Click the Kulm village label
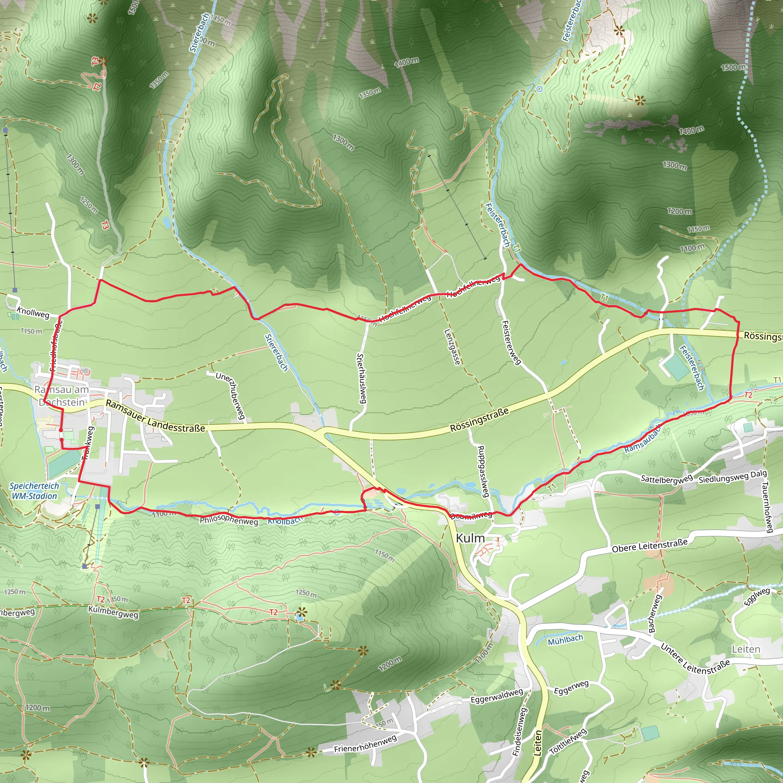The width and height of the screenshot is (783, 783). (470, 538)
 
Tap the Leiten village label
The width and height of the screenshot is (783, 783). (746, 649)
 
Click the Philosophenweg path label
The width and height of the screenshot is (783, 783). (229, 520)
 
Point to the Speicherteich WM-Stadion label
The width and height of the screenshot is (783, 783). (34, 491)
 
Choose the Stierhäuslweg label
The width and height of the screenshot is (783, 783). (361, 378)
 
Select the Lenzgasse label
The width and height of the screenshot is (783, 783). (452, 346)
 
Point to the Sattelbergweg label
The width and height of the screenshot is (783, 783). (666, 479)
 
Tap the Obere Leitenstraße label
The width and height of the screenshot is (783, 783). (650, 546)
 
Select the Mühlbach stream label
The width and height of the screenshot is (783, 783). (565, 640)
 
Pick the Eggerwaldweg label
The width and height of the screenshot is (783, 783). (497, 696)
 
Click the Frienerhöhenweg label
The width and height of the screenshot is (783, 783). (365, 744)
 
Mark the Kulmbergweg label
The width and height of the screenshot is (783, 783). (113, 612)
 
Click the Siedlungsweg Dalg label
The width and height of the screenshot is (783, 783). (733, 477)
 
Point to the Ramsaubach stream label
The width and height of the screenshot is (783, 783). (643, 439)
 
